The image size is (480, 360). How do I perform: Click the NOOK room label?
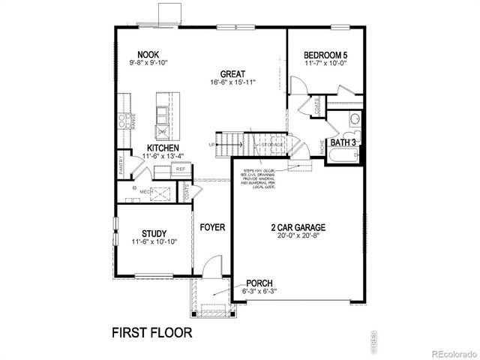coord(146,54)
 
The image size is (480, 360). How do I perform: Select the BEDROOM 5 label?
coord(325,55)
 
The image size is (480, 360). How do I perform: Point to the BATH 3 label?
coord(343,142)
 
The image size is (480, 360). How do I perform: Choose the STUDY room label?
coord(153,234)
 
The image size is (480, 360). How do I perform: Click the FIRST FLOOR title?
coord(153,331)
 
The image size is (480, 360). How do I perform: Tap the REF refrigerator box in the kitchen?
coord(181,169)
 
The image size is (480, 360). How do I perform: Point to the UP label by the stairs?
coord(211,145)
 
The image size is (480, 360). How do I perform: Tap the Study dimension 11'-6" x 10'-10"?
coord(153,242)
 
